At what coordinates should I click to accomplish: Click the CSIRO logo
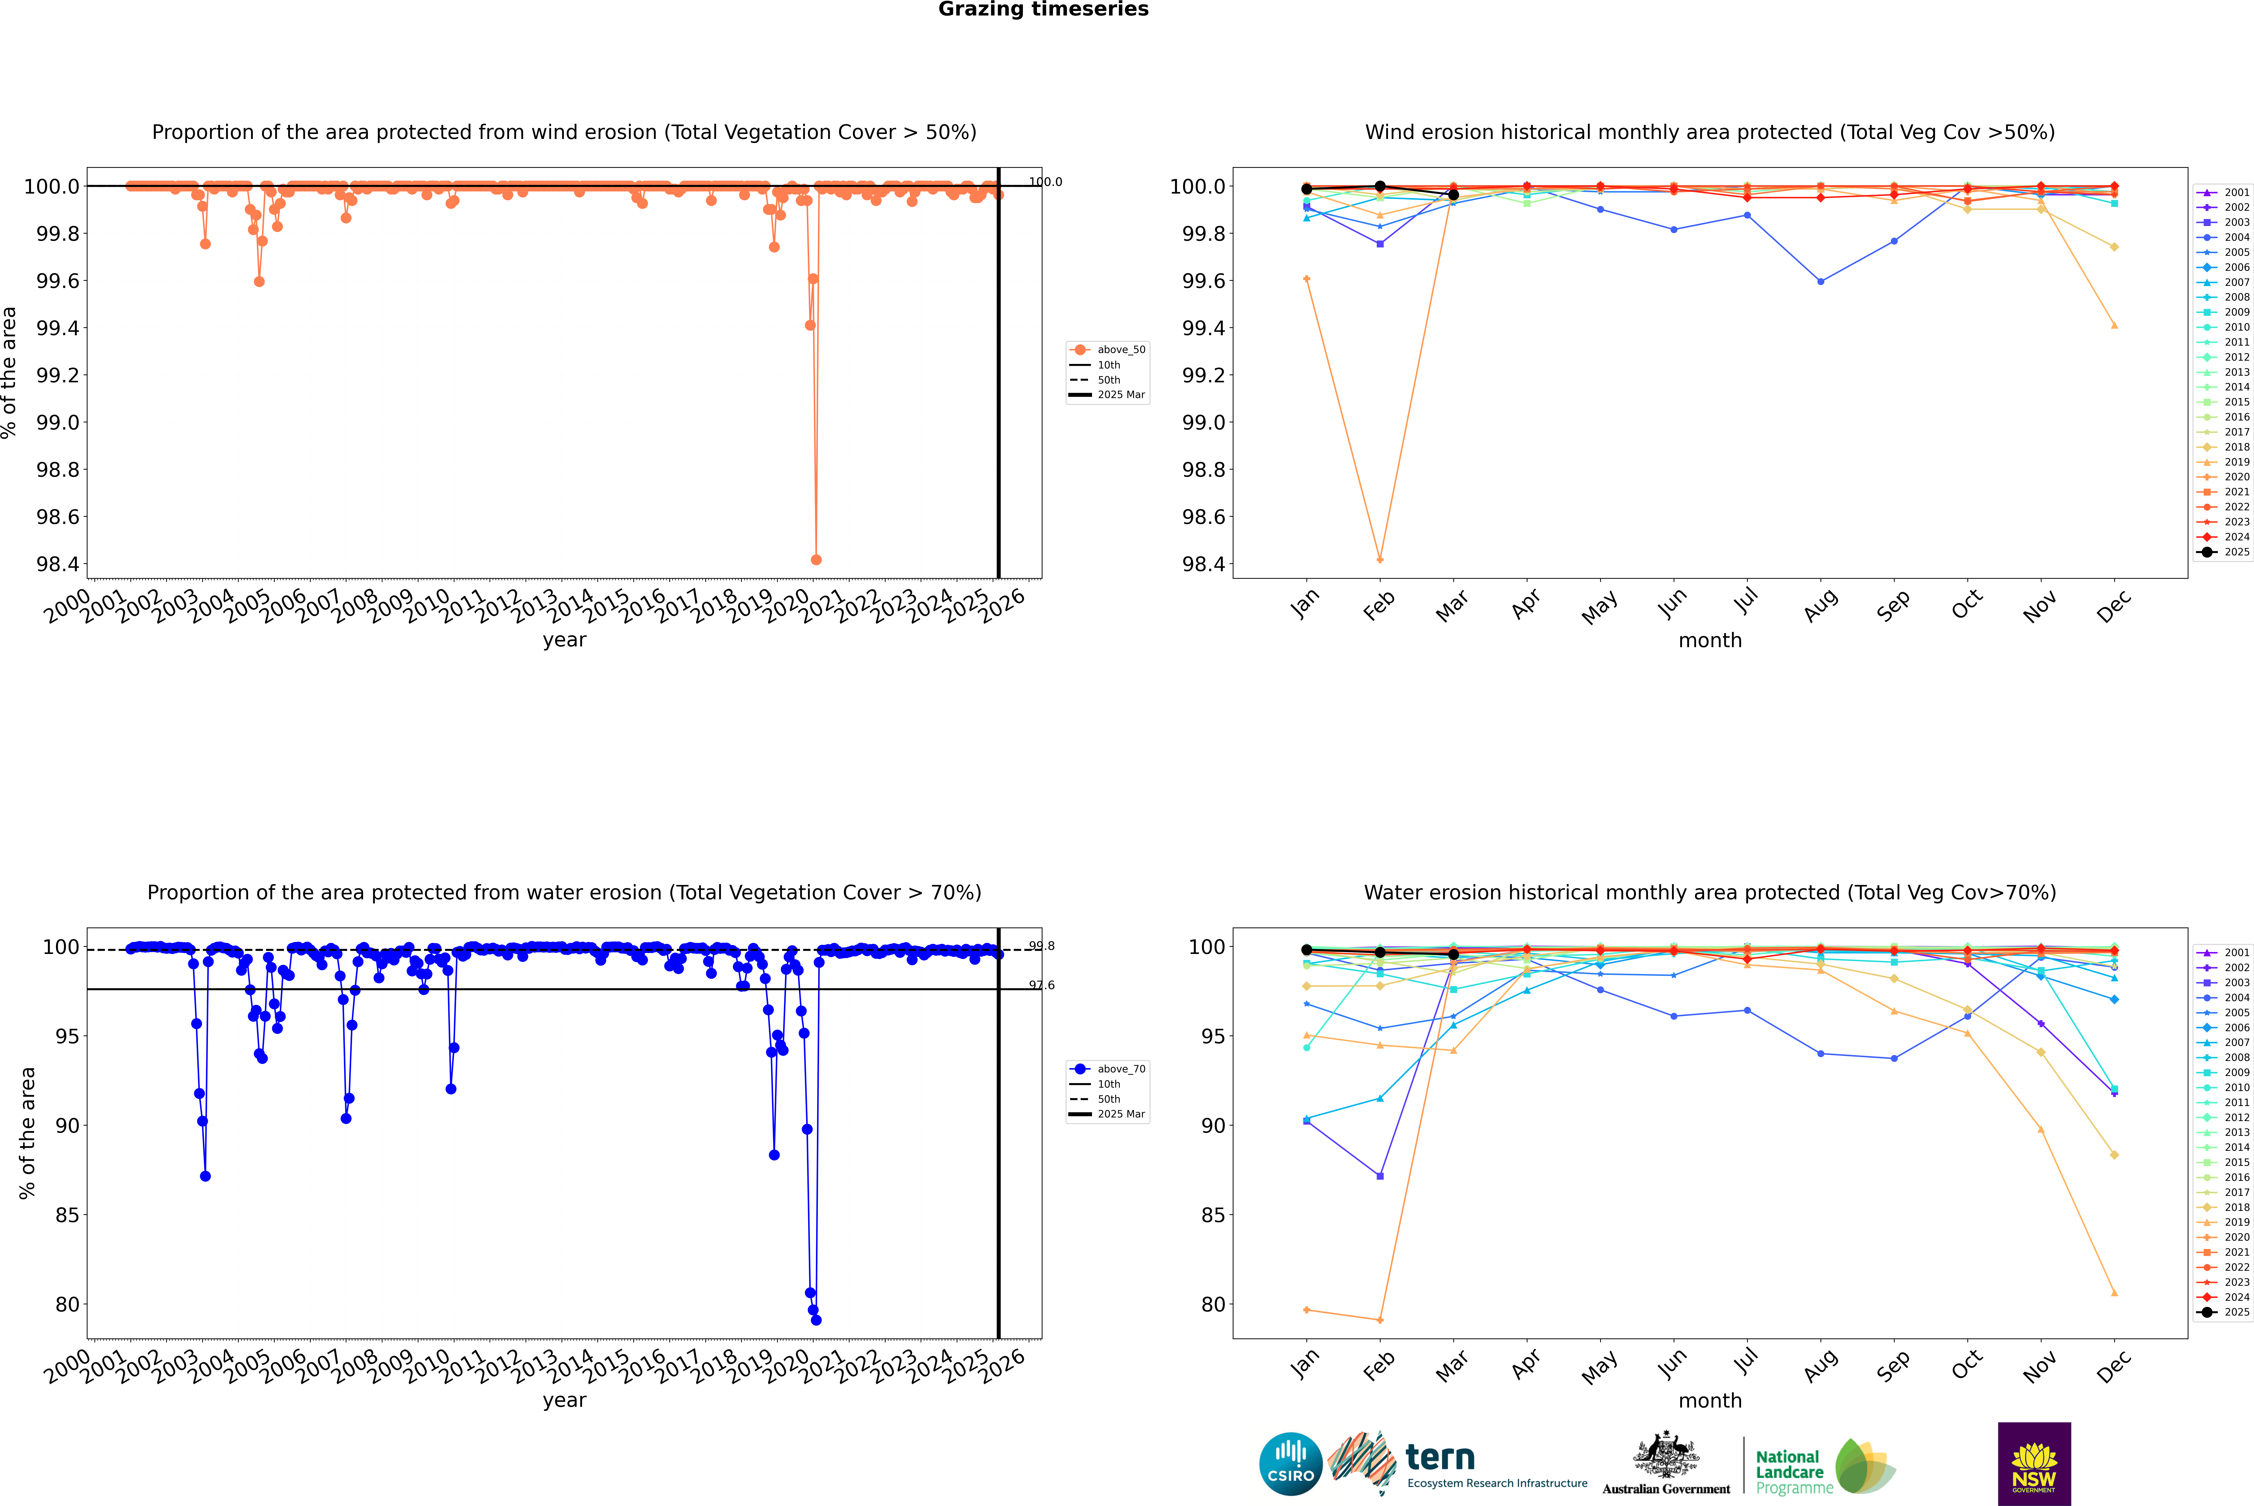pyautogui.click(x=1290, y=1464)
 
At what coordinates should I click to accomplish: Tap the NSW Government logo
pyautogui.click(x=2034, y=1464)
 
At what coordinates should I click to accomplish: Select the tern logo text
pyautogui.click(x=1439, y=1458)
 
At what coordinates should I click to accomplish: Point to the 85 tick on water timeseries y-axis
pyautogui.click(x=67, y=1215)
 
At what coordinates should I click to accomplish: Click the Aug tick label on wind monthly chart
pyautogui.click(x=1821, y=605)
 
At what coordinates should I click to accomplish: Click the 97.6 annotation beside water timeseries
pyautogui.click(x=1042, y=985)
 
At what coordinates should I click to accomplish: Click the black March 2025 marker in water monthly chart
pyautogui.click(x=1453, y=955)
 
